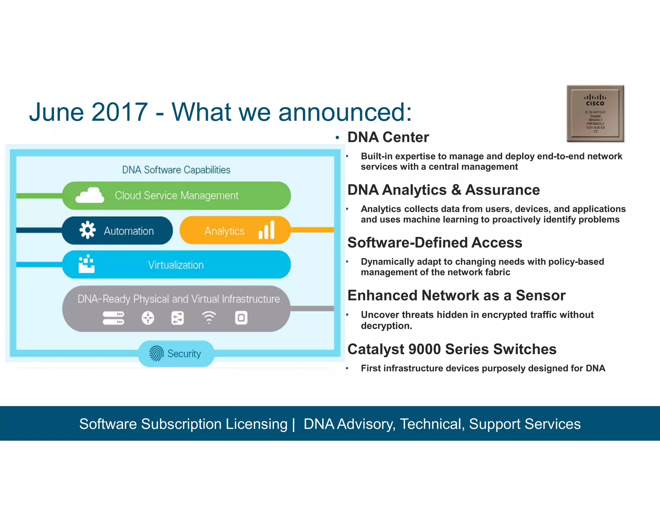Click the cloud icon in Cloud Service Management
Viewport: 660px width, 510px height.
[90, 195]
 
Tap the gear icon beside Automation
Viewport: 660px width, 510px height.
[88, 230]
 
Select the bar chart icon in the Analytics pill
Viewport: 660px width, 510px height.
[267, 230]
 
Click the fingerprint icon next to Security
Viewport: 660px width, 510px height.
[156, 353]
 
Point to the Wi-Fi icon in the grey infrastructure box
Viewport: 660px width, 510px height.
[209, 318]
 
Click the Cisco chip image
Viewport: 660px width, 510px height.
[595, 113]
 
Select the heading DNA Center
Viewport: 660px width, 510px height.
[388, 137]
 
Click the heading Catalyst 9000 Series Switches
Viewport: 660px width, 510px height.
[452, 349]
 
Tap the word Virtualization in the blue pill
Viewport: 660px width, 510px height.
[176, 265]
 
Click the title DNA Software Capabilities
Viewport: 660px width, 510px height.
[176, 170]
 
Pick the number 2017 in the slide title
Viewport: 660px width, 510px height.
[120, 112]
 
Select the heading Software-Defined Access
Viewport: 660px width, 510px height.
[435, 242]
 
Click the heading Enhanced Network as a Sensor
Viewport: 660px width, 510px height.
[456, 296]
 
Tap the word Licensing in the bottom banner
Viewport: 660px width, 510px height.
[256, 424]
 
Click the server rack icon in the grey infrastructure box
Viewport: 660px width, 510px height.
[113, 318]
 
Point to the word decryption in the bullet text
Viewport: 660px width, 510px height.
[386, 326]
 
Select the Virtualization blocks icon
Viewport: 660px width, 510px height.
[87, 265]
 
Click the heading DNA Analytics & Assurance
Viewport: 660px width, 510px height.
[443, 190]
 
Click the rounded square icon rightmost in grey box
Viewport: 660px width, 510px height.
[241, 318]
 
